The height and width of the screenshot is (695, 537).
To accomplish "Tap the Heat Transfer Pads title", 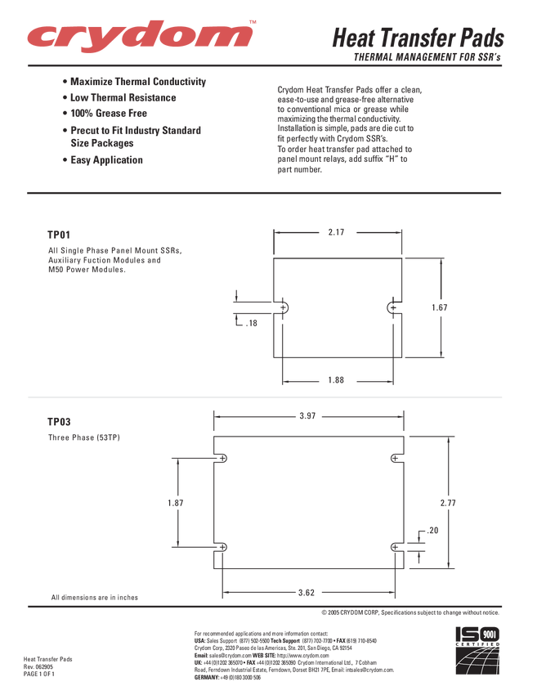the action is point(417,38).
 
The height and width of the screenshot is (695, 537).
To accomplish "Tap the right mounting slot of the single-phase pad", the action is point(391,307).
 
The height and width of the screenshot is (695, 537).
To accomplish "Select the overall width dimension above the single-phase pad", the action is point(336,232).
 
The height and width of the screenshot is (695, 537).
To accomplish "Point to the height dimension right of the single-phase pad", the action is point(441,307).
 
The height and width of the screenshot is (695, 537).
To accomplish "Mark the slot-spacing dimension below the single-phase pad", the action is point(336,380).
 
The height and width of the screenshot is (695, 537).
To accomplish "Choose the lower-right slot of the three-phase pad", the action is point(396,546).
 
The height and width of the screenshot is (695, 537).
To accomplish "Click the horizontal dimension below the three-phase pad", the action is point(307,590).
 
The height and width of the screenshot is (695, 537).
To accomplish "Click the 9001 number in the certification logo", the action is point(490,634).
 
